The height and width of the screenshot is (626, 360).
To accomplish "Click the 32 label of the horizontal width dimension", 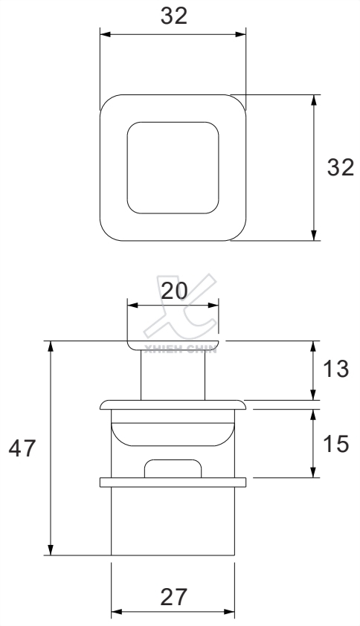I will click(173, 16).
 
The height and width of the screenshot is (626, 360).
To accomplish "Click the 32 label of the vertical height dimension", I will click(341, 168).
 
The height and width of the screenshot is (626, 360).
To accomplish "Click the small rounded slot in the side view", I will click(173, 468).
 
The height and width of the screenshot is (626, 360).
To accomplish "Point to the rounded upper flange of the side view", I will click(173, 404).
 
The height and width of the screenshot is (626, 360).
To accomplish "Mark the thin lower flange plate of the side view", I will click(173, 483).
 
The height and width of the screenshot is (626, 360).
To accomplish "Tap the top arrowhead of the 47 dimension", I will click(51, 346).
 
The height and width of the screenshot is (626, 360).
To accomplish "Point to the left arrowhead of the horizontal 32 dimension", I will click(104, 34).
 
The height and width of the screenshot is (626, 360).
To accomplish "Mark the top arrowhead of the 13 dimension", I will click(315, 345).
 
